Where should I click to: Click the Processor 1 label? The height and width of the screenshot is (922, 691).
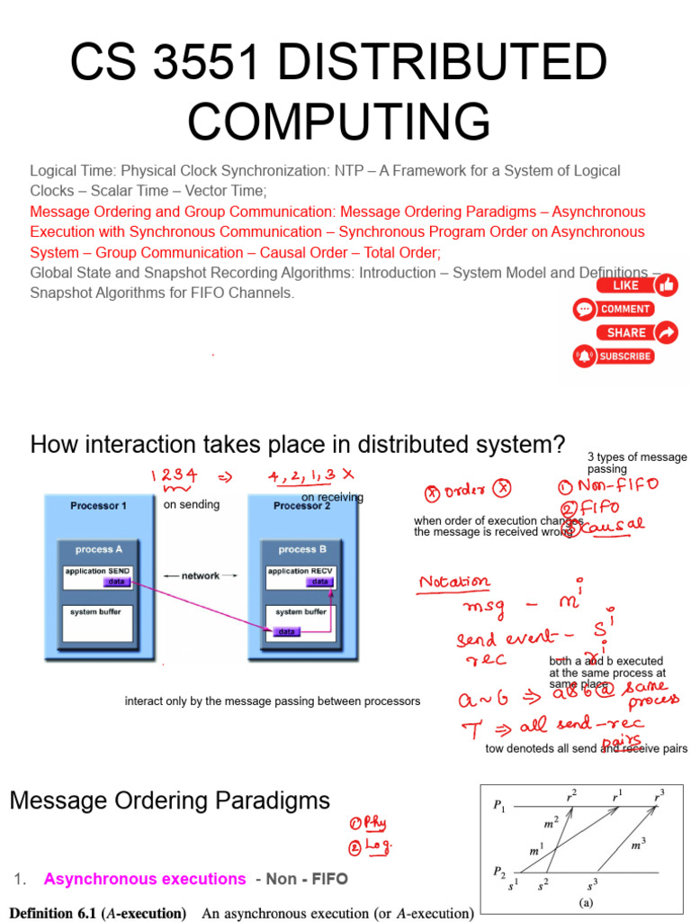point(98,506)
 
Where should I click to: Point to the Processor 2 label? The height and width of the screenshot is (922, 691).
point(301,506)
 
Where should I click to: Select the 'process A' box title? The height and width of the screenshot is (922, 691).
point(94,549)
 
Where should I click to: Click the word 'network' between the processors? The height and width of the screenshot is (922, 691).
point(200,575)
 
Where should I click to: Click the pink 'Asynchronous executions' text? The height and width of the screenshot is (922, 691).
point(145,879)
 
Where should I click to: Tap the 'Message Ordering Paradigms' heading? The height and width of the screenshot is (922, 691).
point(170,800)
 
